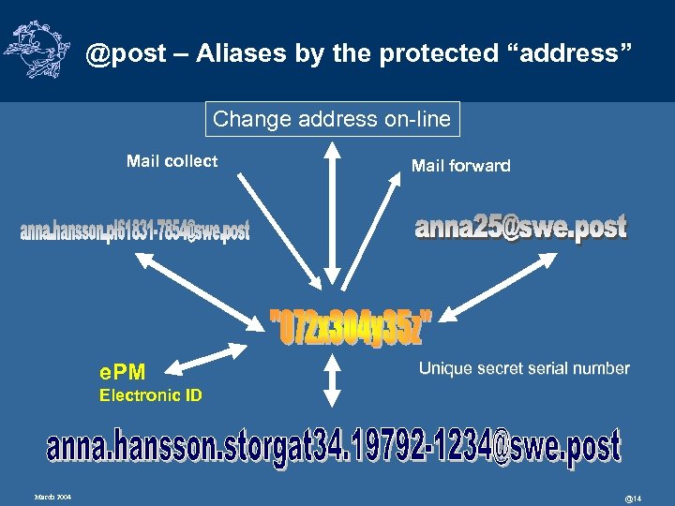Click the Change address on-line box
point(332,119)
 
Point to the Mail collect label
point(172,161)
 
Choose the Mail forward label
point(460,166)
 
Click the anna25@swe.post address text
point(520,228)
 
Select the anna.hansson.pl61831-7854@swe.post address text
point(135,231)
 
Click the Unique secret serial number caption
point(523,368)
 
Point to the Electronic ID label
point(150,395)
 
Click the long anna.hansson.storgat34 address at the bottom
point(333,447)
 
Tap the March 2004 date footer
point(53,495)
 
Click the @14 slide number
point(634,496)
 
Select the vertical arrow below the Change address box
point(331,216)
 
